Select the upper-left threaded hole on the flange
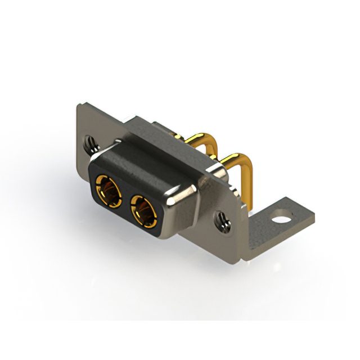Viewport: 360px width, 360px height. click(x=91, y=145)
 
